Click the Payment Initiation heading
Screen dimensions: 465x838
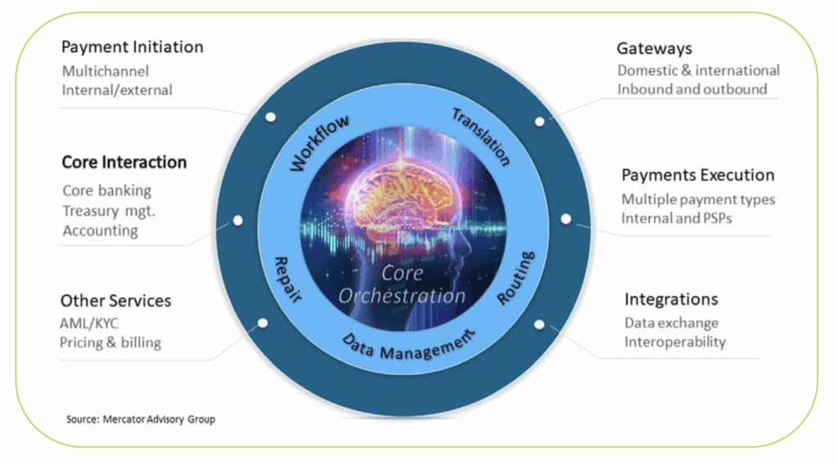pyautogui.click(x=132, y=47)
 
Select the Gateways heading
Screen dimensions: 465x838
pyautogui.click(x=654, y=48)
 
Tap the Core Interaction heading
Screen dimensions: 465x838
pyautogui.click(x=124, y=163)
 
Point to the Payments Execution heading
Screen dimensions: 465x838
pyautogui.click(x=697, y=175)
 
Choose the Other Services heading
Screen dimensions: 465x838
pyautogui.click(x=115, y=301)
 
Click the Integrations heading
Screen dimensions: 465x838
pyautogui.click(x=671, y=299)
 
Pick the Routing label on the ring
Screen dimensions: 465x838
pyautogui.click(x=516, y=278)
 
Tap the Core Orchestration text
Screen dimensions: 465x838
pyautogui.click(x=402, y=284)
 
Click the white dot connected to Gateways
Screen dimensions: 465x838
pyautogui.click(x=539, y=121)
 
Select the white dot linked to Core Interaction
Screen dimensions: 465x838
pyautogui.click(x=237, y=221)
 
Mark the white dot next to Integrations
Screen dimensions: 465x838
pyautogui.click(x=538, y=324)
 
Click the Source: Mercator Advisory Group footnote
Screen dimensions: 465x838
pyautogui.click(x=140, y=419)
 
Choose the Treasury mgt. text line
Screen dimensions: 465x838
pyautogui.click(x=109, y=211)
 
